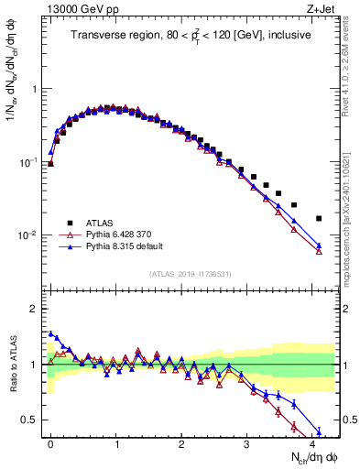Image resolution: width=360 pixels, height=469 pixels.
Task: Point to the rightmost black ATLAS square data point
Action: pos(319,218)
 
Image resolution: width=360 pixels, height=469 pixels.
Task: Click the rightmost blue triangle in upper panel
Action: pos(319,245)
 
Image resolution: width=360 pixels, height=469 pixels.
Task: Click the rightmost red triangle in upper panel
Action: pos(319,251)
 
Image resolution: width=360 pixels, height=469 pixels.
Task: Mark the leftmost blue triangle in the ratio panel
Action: pos(50,334)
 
